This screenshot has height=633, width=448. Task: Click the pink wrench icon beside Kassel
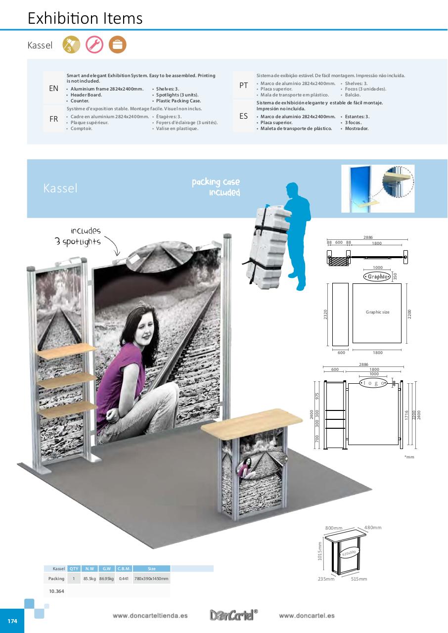click(x=94, y=45)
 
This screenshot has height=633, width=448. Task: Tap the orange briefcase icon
click(x=118, y=45)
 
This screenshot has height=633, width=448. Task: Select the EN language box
click(x=54, y=89)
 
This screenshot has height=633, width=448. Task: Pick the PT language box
click(x=243, y=86)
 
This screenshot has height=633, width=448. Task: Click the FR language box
click(x=54, y=119)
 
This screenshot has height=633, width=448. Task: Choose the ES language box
click(x=243, y=116)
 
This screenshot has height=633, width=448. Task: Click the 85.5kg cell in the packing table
click(x=90, y=579)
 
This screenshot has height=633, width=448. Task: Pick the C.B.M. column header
click(x=124, y=569)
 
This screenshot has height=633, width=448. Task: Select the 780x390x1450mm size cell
click(x=151, y=579)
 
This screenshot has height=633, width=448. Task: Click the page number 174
click(x=12, y=621)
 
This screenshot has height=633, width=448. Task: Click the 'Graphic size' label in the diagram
click(x=377, y=312)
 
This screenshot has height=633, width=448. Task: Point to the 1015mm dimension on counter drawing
click(x=320, y=551)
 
